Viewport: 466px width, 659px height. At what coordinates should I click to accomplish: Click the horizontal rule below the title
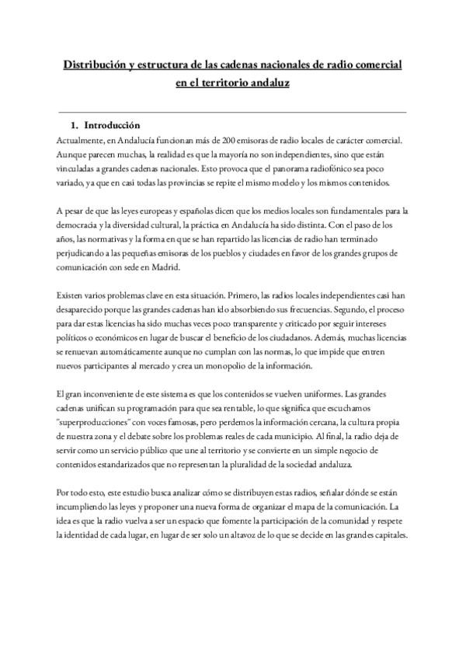tap(232, 112)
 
